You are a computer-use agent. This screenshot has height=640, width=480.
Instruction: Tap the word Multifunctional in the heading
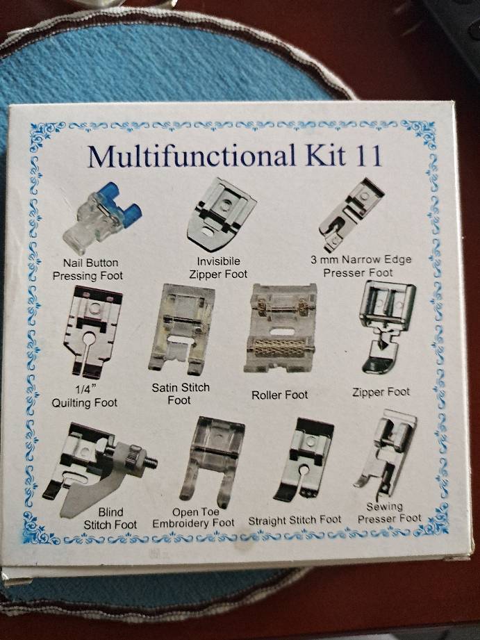(192, 156)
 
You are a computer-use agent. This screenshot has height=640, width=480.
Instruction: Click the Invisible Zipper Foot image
(221, 214)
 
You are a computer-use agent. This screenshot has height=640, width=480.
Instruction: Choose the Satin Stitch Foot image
(181, 329)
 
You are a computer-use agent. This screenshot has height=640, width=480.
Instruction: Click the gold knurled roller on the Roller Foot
(280, 347)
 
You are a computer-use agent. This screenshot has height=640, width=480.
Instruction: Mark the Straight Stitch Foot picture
(304, 459)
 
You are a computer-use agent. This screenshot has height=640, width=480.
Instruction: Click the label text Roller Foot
(279, 395)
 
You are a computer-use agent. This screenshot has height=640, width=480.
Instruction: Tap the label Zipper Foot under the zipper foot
(381, 392)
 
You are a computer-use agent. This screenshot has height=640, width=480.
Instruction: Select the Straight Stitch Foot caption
(295, 520)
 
